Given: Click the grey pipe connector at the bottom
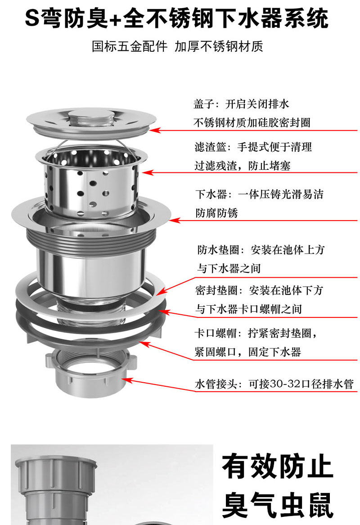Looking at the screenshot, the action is (91, 371).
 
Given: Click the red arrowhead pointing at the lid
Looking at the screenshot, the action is (154, 130).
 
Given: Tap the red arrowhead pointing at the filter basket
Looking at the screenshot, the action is (147, 173).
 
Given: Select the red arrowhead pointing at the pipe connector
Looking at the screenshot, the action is (127, 380).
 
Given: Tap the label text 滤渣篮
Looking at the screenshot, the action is (211, 147).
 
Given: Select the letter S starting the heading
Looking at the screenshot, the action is (32, 18).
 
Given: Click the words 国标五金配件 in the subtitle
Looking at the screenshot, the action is (130, 46).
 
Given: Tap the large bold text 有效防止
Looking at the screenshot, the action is (277, 466).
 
